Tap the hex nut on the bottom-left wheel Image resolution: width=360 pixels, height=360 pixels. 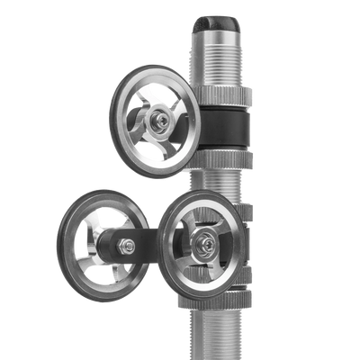click(x=129, y=246)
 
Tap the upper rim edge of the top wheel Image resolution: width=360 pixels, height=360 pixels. click(x=153, y=68)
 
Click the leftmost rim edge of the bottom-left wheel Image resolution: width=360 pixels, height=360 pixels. click(x=57, y=245)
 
